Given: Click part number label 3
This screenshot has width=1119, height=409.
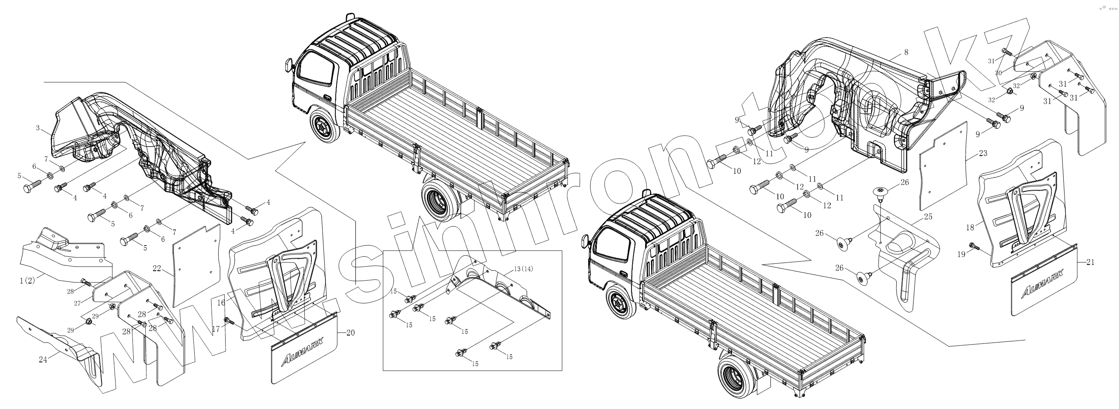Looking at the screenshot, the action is [38, 128].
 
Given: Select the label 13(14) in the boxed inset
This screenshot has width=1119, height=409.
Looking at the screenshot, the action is [523, 269].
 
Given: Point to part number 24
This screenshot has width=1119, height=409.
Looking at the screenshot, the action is [42, 359].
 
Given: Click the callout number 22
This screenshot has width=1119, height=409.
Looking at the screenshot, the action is [157, 269].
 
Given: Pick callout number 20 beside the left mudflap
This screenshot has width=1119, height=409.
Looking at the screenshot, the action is [351, 333].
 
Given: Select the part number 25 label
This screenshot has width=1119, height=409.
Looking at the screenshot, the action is [928, 217].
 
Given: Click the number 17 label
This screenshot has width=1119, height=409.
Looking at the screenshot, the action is [216, 330].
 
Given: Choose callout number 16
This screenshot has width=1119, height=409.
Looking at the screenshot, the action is [221, 303].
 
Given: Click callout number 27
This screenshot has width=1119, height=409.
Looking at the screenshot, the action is [77, 303].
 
